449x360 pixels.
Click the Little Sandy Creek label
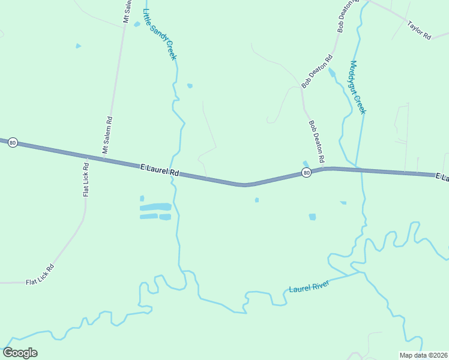(x=160, y=34)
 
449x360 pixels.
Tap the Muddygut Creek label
(x=357, y=87)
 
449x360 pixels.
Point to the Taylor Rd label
(x=420, y=31)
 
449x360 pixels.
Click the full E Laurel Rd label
(x=160, y=170)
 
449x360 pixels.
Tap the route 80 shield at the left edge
(x=13, y=143)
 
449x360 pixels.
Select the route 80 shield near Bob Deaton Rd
(x=306, y=173)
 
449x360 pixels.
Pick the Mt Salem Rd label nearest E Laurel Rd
(x=107, y=136)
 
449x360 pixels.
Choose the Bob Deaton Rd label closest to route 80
(x=316, y=142)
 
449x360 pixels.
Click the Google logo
(x=20, y=353)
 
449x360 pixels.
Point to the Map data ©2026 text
(x=423, y=355)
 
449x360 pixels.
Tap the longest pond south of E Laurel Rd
(x=155, y=207)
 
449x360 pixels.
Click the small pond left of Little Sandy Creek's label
(x=137, y=24)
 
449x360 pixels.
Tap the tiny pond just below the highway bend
(x=256, y=200)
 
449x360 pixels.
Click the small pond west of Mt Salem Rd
(x=78, y=46)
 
